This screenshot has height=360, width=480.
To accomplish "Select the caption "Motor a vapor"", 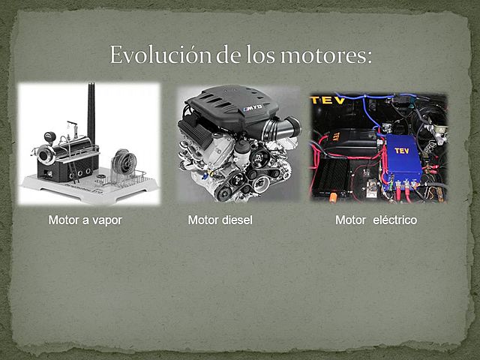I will (85, 220).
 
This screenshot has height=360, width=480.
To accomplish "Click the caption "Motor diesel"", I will (220, 220).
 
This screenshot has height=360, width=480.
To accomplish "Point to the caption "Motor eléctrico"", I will (376, 220).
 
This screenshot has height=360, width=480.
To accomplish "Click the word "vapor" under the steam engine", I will (106, 220).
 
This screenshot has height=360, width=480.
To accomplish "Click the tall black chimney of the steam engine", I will (91, 112).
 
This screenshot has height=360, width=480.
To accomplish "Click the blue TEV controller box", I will (402, 158).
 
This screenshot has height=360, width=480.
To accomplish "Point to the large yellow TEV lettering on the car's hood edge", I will (328, 100).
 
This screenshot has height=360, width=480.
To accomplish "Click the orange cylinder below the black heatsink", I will (333, 197).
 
